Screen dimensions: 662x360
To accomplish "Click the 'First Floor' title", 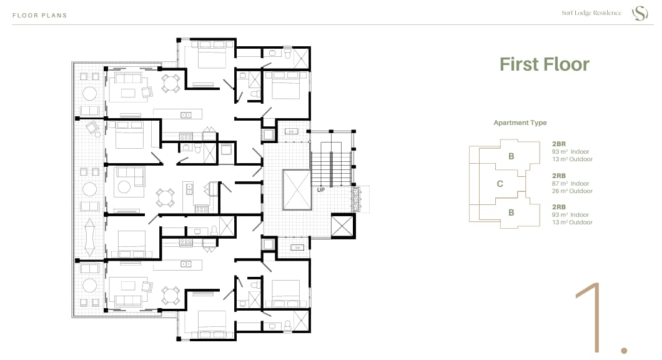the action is click(x=544, y=64).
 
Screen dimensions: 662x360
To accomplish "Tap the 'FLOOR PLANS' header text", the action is click(x=40, y=15).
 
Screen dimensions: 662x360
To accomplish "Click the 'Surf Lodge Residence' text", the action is click(x=591, y=12).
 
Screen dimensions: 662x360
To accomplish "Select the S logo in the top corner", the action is click(x=640, y=13).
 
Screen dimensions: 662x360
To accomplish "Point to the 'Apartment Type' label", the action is click(x=520, y=122).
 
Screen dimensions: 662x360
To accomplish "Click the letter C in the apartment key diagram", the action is click(x=500, y=184).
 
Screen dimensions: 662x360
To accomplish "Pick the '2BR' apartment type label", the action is click(x=558, y=144).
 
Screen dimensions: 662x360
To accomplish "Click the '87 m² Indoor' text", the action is click(x=570, y=183).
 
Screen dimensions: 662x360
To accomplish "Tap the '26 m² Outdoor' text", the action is click(x=572, y=191).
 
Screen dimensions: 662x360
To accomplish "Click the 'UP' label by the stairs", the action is click(x=321, y=190).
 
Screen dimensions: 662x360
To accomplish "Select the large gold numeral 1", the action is click(x=590, y=317).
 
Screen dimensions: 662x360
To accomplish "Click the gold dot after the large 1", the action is click(x=624, y=350).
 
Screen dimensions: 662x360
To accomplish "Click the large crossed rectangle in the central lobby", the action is click(x=297, y=190).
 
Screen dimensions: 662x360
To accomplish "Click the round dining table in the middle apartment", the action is click(x=165, y=197).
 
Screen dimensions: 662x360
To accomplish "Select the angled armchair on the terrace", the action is click(x=92, y=127).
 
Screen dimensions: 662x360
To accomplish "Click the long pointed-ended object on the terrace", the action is click(x=89, y=237).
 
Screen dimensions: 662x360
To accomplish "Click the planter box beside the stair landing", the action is click(x=357, y=199).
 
